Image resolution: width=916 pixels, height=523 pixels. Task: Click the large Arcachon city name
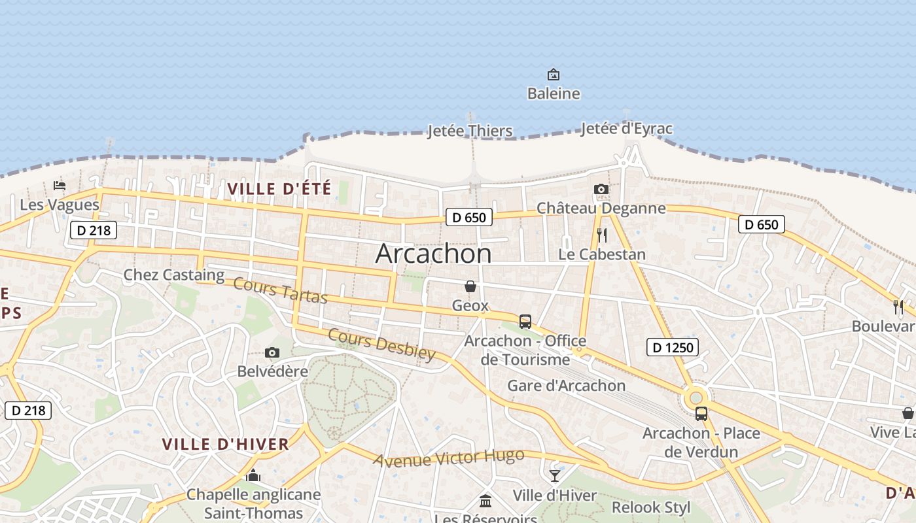pos(433,254)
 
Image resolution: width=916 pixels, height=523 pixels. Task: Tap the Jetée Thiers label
pos(470,131)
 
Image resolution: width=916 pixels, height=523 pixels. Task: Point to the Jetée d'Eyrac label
pos(626,129)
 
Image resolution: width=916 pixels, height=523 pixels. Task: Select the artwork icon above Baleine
pos(554,75)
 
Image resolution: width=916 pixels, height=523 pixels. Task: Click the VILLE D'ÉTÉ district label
pos(279,189)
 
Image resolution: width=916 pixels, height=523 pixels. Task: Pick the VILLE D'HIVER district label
pos(225,445)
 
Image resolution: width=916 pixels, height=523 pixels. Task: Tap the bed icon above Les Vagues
pos(60,186)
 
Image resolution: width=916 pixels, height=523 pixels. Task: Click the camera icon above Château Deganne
pos(601,190)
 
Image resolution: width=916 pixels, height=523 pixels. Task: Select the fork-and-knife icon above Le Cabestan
pos(602,235)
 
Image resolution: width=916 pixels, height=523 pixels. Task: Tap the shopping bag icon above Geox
pos(470,286)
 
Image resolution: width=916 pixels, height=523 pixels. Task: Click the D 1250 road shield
pos(673,347)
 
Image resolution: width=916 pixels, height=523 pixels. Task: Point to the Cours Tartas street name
pos(280,290)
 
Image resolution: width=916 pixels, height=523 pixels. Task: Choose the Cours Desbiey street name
pos(381,344)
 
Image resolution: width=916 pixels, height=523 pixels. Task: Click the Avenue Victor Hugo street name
pos(449,457)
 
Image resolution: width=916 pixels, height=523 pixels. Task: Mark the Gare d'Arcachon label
pos(567,386)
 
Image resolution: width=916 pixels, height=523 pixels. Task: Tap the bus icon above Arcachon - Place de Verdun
pos(701,414)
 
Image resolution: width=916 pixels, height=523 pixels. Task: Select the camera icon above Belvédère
pos(272,353)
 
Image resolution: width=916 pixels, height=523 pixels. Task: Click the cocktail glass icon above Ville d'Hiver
pos(555,475)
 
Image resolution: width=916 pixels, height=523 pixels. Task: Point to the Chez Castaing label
pos(174,275)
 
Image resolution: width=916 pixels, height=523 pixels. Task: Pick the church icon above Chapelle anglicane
pos(253,475)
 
